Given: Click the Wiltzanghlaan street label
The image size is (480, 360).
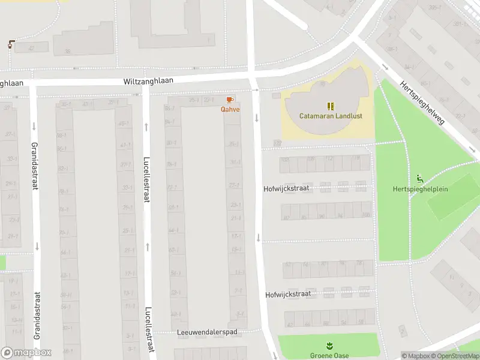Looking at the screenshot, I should (x=148, y=80).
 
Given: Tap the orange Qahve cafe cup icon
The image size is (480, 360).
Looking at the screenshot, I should (x=229, y=100).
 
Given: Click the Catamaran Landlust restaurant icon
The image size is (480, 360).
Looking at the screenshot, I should (x=330, y=106).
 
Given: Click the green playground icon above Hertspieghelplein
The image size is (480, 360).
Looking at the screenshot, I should (x=420, y=179).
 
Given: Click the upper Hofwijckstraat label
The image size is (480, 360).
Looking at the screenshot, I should (x=286, y=188).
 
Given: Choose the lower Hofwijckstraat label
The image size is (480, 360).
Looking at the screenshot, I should (x=288, y=295).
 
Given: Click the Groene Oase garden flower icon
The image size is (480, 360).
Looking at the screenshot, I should (x=329, y=346).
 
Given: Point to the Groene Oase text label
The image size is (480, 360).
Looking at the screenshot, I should (x=329, y=355).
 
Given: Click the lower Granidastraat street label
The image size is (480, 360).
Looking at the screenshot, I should (x=37, y=316).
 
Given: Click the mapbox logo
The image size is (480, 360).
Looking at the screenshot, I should (x=26, y=353).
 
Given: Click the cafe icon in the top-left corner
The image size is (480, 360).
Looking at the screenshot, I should (x=11, y=44).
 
